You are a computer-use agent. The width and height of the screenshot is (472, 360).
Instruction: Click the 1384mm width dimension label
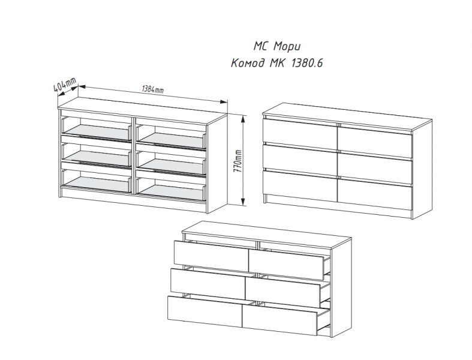152,89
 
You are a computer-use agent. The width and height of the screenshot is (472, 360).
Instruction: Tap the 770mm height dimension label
237,161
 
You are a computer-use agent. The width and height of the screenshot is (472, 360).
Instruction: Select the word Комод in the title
248,63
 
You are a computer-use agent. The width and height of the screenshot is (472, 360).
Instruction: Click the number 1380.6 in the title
306,63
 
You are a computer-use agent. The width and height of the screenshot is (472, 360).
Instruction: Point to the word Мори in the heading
287,47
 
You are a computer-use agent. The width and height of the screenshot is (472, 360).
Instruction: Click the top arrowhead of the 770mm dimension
243,119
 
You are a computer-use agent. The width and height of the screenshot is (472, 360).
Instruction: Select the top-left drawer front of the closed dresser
300,134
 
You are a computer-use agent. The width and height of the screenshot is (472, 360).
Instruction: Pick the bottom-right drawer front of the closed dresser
375,194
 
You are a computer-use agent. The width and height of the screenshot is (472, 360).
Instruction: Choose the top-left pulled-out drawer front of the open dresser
212,256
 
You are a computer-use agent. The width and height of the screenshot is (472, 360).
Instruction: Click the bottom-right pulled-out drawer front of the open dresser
279,321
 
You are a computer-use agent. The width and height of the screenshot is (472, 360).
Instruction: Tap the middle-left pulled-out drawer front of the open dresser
208,284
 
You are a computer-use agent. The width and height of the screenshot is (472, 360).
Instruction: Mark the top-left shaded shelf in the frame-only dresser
98,132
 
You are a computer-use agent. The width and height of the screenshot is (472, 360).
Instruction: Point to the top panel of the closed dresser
347,118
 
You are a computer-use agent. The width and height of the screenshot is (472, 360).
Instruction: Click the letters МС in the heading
261,46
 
